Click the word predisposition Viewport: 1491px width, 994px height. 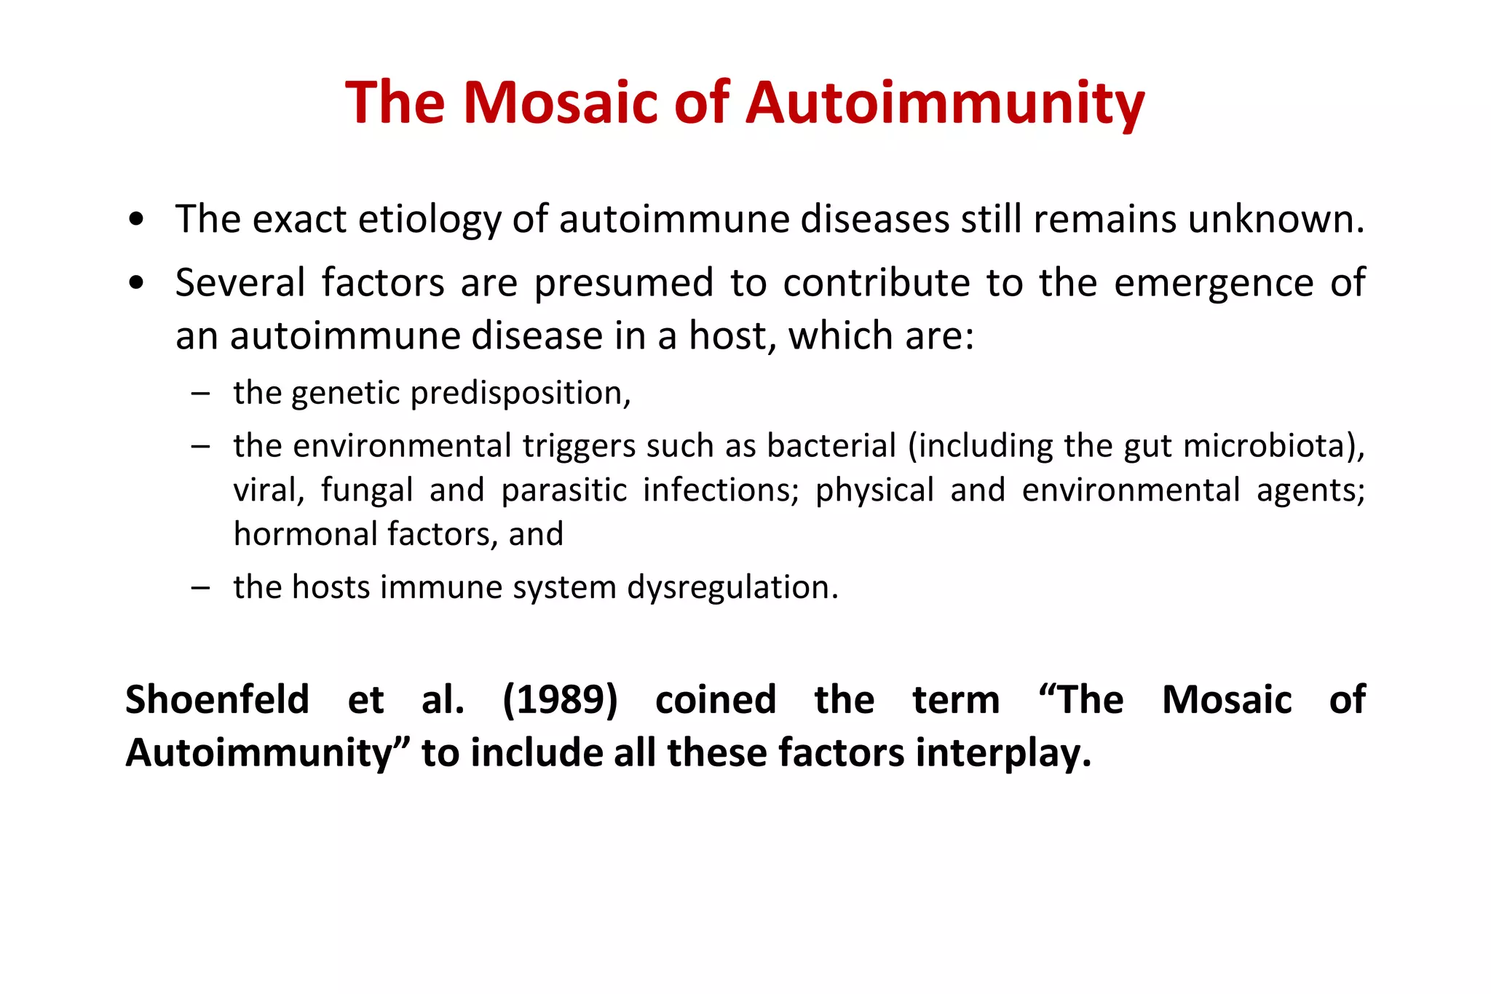coord(521,394)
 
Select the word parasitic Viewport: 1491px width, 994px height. coord(564,490)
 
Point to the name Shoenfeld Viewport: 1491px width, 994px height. coord(217,700)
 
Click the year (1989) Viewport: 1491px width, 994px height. coord(560,700)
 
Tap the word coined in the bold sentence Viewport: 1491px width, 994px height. coord(716,700)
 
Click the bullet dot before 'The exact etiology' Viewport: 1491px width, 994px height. coord(136,220)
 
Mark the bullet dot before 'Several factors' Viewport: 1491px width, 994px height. coord(136,283)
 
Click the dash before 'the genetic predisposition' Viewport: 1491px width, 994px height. coord(200,394)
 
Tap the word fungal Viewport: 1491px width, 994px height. coord(367,490)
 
